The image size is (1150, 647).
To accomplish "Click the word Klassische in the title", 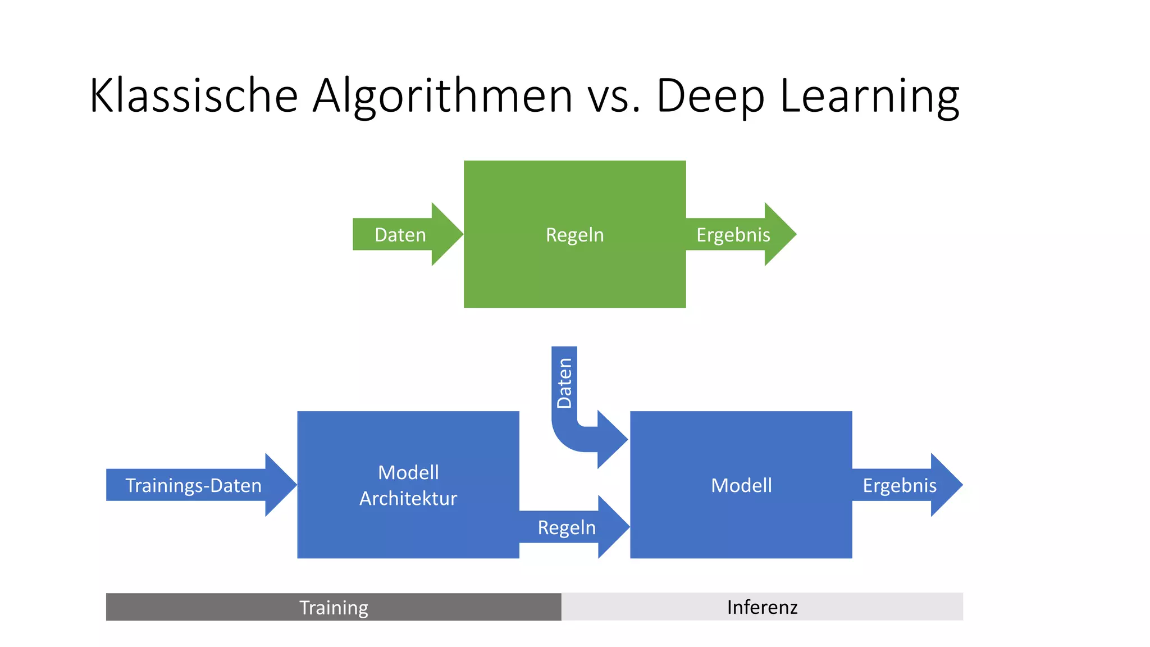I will [193, 95].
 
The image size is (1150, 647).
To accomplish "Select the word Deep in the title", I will [710, 95].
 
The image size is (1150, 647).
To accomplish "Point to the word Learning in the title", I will [869, 95].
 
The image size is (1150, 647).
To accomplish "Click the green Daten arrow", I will [400, 235].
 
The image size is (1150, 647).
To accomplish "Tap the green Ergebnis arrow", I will [733, 235].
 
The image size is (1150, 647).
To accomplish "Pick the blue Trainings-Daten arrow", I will [193, 485].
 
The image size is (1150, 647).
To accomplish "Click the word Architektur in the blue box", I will [408, 499].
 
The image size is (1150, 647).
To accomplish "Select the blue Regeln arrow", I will [567, 527].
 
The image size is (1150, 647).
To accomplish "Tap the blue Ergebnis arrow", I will [899, 485].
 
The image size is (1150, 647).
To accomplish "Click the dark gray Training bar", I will [334, 607].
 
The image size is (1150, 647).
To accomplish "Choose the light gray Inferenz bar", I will [762, 607].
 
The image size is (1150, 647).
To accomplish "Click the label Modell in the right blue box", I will [741, 485].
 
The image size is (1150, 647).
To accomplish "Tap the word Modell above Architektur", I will [408, 472].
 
